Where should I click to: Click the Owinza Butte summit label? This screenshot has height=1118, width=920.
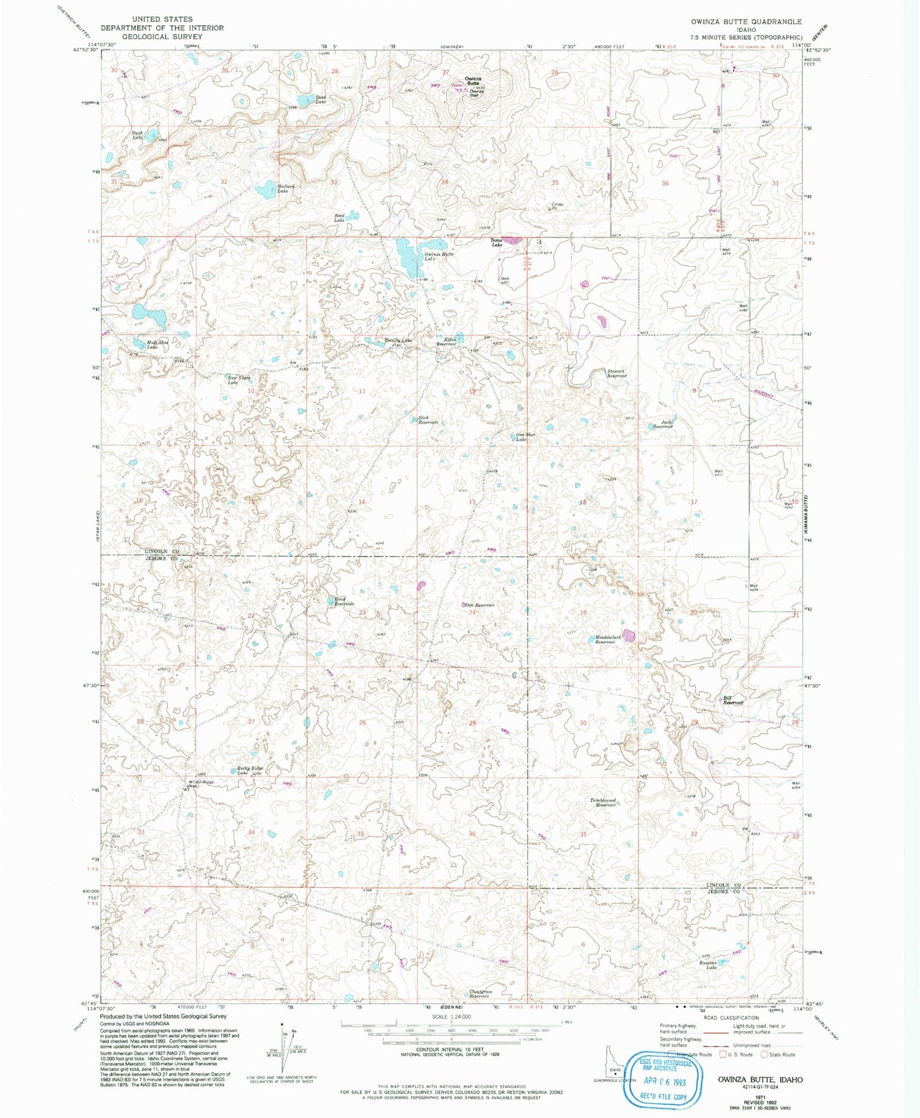pos(472,80)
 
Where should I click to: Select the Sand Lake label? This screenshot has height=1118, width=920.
pos(321,99)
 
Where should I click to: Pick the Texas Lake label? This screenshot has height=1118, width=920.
pos(497,242)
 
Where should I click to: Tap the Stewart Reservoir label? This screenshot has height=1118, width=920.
pos(616,373)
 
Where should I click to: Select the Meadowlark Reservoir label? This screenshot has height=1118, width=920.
pos(607,639)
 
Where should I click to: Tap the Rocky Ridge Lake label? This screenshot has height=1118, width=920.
pos(250,771)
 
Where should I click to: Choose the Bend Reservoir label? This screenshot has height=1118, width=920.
pos(343,601)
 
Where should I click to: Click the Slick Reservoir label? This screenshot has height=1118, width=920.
pos(427,420)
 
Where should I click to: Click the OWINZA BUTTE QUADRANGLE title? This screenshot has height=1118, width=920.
pos(745,21)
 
